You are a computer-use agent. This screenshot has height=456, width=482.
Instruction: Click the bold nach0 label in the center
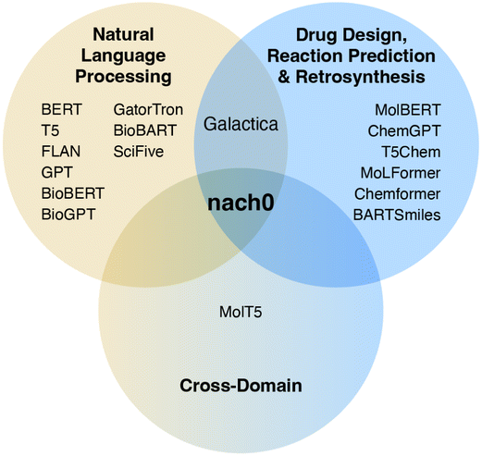tap(241, 203)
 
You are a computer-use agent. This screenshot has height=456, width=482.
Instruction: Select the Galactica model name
tap(241, 124)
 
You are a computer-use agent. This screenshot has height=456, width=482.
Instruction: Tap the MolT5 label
tap(241, 312)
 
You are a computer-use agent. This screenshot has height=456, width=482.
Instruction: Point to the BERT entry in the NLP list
tap(62, 109)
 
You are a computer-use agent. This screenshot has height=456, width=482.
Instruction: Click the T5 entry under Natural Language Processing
tap(50, 130)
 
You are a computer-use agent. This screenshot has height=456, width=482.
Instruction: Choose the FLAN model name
tap(61, 152)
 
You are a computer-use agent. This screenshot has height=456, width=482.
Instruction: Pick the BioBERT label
tap(73, 193)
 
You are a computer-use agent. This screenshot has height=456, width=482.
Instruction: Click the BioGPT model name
tap(68, 215)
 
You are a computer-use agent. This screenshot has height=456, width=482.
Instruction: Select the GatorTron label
tap(148, 109)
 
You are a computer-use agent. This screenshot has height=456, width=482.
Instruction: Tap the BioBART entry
tap(145, 130)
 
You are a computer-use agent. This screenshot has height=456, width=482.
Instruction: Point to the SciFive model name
tap(139, 152)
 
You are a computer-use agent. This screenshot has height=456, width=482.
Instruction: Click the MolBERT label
tap(408, 110)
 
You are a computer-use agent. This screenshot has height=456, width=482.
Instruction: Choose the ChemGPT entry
tap(404, 131)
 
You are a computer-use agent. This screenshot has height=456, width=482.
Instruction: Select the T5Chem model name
tap(411, 152)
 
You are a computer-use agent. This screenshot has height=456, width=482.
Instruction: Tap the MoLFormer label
tap(401, 173)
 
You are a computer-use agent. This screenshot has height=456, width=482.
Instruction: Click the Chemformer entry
tap(398, 194)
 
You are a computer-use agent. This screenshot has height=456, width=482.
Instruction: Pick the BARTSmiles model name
tap(397, 215)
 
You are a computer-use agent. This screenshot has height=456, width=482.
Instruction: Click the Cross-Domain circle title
tap(241, 386)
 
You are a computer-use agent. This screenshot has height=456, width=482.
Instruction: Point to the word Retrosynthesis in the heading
tap(361, 77)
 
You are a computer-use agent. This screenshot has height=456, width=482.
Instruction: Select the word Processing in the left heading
tap(123, 77)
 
